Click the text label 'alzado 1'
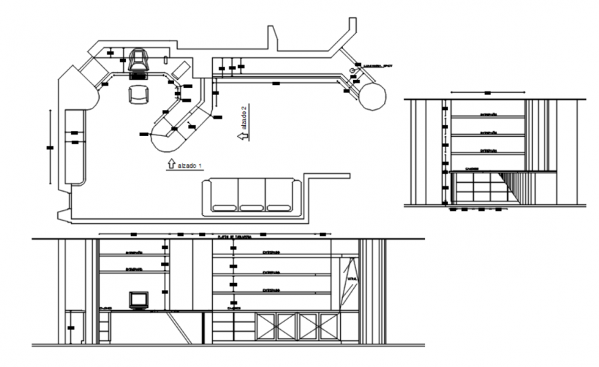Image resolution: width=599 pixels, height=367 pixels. [190, 166]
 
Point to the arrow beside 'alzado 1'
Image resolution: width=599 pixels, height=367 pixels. [170, 164]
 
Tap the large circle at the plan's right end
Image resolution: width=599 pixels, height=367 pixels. [372, 96]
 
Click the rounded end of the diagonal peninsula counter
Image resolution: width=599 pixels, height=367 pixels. [165, 139]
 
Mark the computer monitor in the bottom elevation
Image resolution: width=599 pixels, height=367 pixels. [139, 299]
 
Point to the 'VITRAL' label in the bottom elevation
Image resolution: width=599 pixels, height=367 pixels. [352, 279]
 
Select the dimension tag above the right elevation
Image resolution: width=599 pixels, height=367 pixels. [487, 91]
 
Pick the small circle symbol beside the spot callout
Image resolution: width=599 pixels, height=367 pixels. [353, 71]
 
